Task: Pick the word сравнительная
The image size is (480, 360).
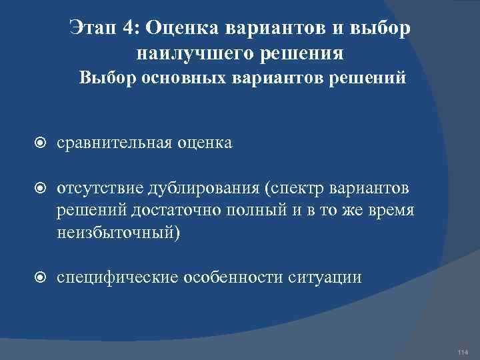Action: (116, 142)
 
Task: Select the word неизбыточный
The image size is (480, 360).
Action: (115, 233)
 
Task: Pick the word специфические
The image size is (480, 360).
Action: (117, 277)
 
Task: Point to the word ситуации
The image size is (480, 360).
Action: (326, 277)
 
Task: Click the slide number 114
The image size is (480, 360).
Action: (463, 351)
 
